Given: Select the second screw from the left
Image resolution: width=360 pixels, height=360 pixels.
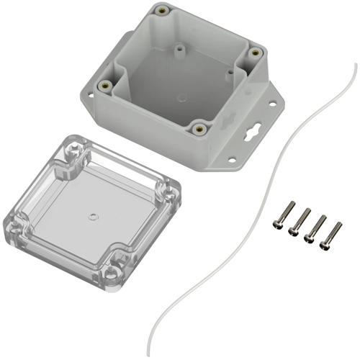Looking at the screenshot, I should [x=298, y=222].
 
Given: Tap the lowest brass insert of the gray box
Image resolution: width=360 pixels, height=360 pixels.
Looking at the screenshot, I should [x=199, y=129].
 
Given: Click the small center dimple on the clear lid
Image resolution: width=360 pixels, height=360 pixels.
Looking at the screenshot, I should [x=92, y=215].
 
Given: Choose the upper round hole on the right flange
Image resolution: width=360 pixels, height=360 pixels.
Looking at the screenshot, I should [x=272, y=106].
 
